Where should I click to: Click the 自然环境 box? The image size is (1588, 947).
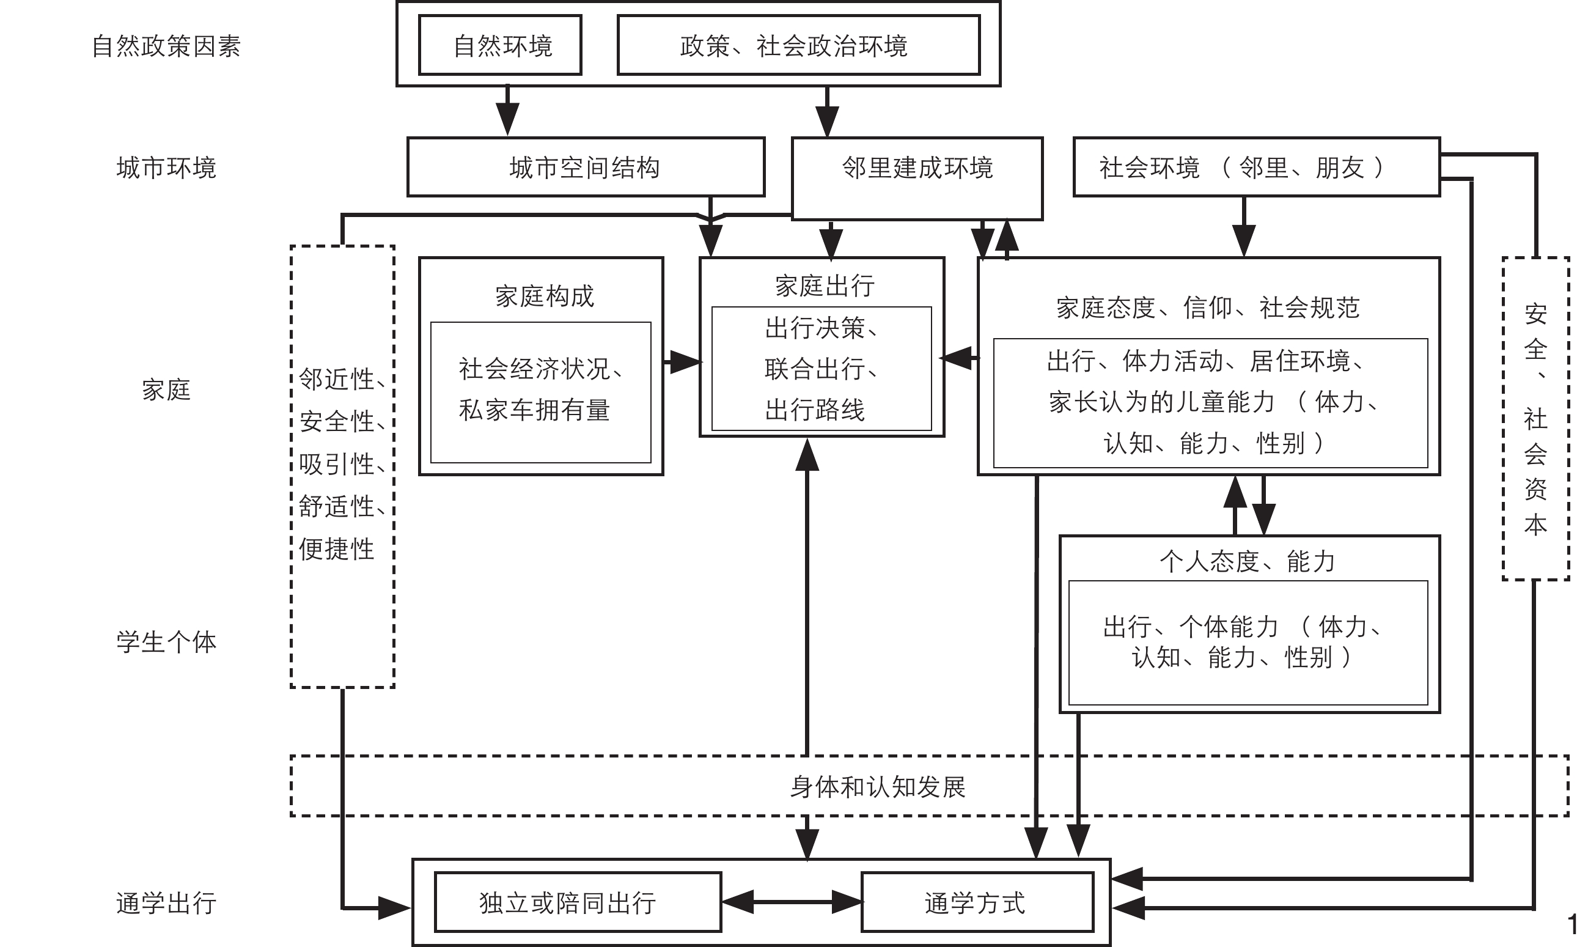(500, 45)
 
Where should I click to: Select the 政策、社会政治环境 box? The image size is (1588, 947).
(798, 45)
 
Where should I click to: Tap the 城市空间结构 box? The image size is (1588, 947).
(585, 167)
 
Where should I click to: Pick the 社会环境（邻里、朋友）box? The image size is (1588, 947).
(1255, 167)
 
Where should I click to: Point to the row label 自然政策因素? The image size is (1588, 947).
(166, 46)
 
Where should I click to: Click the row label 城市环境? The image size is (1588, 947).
(166, 168)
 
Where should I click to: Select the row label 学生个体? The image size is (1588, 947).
(166, 642)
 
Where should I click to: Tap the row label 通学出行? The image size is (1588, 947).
(166, 903)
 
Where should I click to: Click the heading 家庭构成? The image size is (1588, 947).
(544, 296)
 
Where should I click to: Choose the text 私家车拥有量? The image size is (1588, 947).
(534, 410)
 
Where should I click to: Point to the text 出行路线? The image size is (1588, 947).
(815, 410)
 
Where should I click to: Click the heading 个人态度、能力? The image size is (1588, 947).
(1248, 561)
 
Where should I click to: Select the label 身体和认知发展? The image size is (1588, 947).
(878, 787)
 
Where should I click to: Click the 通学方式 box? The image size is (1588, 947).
(977, 902)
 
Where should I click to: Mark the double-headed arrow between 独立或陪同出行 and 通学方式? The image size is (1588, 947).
(791, 902)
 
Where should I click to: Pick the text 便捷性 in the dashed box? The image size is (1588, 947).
(336, 549)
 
